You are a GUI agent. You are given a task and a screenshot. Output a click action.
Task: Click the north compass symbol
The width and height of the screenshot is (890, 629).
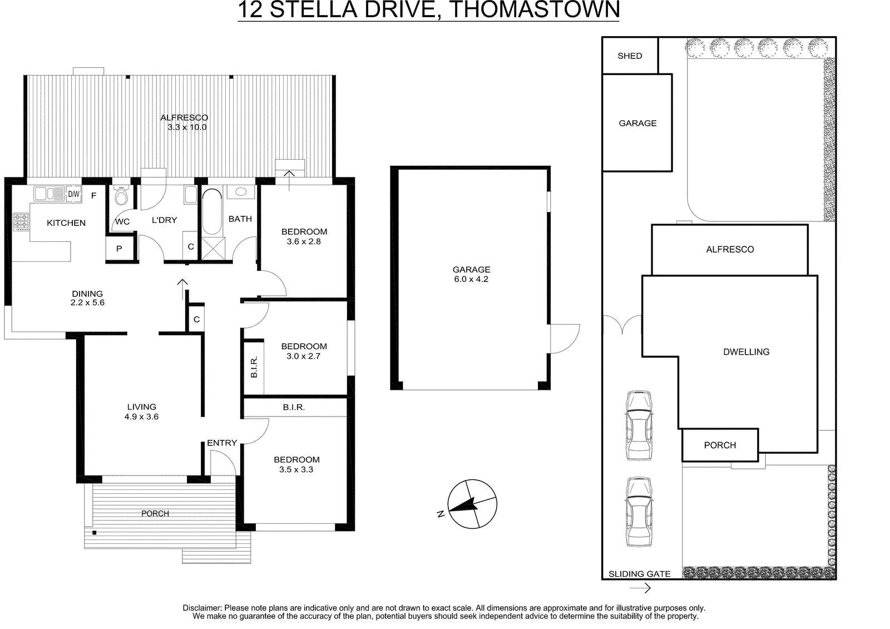(472, 504)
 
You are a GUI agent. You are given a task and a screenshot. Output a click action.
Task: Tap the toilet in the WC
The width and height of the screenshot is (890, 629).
(121, 195)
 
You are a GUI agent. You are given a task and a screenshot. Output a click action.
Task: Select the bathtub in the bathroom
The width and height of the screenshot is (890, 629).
(212, 212)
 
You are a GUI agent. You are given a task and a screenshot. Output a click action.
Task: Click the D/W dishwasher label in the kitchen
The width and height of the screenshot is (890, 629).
(74, 194)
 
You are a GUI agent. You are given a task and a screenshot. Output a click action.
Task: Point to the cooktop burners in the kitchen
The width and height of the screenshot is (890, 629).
(21, 221)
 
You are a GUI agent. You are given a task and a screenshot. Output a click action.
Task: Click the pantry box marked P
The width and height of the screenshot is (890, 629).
(119, 249)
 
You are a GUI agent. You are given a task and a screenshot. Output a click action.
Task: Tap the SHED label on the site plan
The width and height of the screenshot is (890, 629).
(630, 56)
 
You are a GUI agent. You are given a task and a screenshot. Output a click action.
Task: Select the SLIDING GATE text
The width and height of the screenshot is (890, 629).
(639, 574)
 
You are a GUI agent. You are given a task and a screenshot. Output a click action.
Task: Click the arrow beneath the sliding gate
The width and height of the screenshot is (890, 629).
(640, 588)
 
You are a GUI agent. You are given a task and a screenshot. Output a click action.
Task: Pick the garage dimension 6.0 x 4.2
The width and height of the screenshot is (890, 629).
(471, 279)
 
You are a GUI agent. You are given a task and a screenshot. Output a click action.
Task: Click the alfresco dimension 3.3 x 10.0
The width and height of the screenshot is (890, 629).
(187, 127)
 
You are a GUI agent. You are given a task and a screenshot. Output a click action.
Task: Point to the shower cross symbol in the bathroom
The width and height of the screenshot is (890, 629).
(214, 249)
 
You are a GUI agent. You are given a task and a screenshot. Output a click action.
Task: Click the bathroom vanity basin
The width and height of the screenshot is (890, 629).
(241, 192)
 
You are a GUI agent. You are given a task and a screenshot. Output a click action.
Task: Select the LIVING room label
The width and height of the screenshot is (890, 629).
(141, 407)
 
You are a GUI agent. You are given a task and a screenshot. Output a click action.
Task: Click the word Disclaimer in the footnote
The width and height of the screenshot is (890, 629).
(201, 608)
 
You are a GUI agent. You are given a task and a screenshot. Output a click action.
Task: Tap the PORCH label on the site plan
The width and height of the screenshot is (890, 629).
(720, 445)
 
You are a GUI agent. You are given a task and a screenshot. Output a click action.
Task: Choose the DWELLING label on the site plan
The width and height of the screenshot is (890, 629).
(746, 352)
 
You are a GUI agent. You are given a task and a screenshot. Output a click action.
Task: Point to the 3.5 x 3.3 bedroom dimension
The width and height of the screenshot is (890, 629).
(296, 469)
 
